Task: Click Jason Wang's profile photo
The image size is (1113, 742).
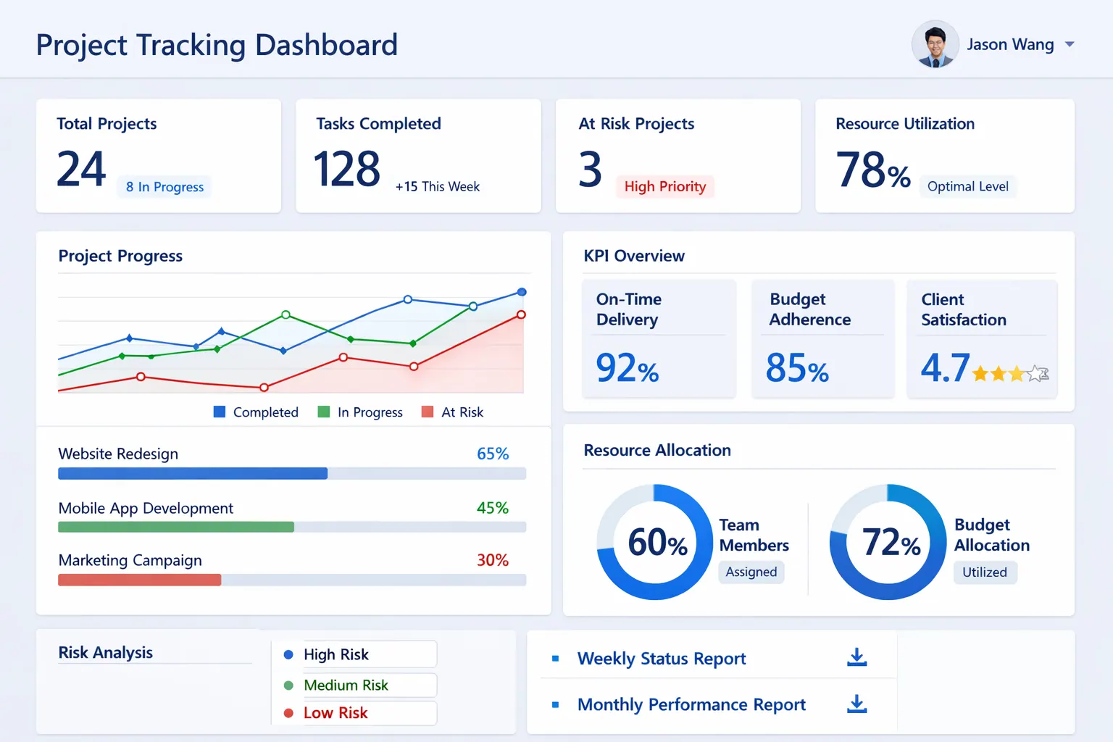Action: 935,45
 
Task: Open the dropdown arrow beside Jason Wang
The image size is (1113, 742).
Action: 1070,45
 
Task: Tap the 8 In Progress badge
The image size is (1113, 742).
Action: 164,187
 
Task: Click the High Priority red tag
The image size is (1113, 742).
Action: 664,186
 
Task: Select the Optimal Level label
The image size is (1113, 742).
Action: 967,186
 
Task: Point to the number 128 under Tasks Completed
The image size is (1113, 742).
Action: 346,169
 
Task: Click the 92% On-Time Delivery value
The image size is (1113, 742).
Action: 627,368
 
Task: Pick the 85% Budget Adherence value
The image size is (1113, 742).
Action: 796,368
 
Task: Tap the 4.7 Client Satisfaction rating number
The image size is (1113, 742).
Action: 944,368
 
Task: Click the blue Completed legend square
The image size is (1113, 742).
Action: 220,412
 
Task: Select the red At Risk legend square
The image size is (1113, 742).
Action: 428,412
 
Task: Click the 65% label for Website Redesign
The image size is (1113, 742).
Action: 493,454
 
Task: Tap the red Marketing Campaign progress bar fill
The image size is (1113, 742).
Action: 139,580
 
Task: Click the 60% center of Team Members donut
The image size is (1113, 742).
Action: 656,542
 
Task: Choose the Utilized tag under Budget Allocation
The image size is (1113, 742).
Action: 984,572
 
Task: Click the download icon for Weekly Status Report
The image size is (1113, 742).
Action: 857,657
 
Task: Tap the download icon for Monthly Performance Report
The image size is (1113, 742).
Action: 857,704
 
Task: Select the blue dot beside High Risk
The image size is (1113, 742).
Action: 288,654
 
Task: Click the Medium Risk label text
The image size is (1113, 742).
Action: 346,685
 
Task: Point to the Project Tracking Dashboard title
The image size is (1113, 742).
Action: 217,45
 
